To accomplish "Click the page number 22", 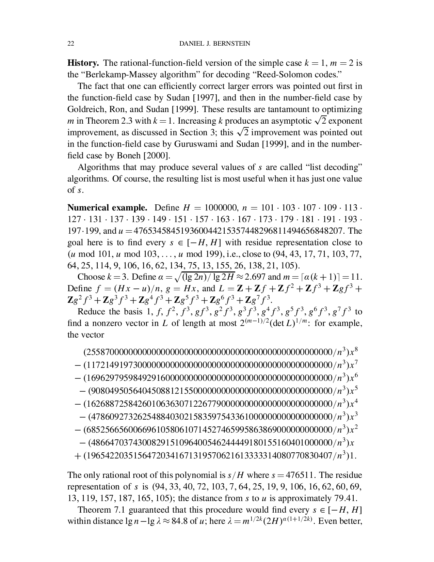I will pyautogui.click(x=71, y=43).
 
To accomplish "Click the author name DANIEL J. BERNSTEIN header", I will pyautogui.click(x=214, y=43).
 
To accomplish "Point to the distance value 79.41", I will pyautogui.click(x=347, y=498).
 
